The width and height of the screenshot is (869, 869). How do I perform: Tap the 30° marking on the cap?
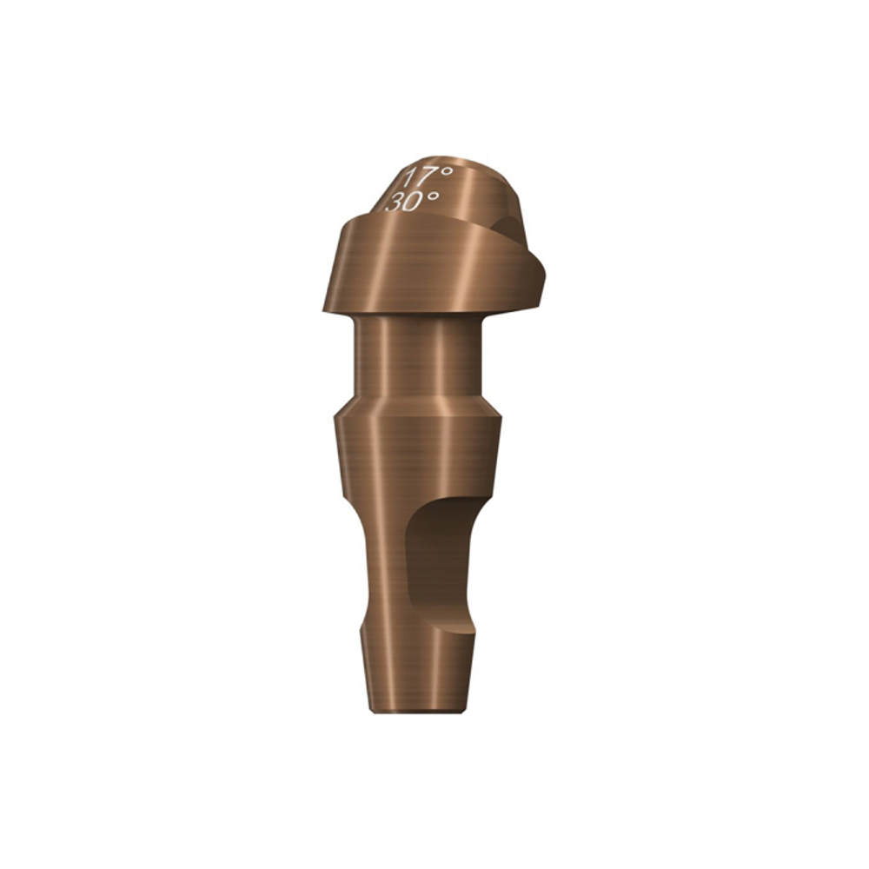coord(412,202)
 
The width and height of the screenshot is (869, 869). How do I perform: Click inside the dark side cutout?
coord(439,556)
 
